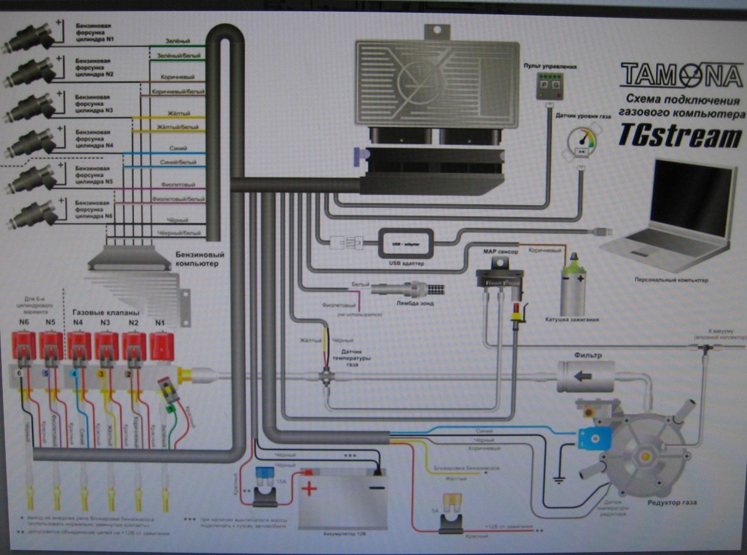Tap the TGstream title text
click(680, 136)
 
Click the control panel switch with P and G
click(548, 85)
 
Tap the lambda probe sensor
click(408, 289)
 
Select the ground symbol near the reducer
click(559, 478)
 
